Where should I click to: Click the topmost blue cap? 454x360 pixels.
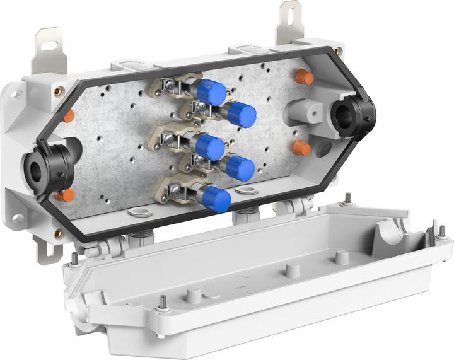pos(211,93)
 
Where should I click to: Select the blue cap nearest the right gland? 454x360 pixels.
pos(241,115)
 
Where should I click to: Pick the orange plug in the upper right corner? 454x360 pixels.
pos(305,78)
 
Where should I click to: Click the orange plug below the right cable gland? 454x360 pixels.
pos(301,148)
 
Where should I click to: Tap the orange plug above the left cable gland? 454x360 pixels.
pos(68,116)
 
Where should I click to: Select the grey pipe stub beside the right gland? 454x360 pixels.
pos(301,113)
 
